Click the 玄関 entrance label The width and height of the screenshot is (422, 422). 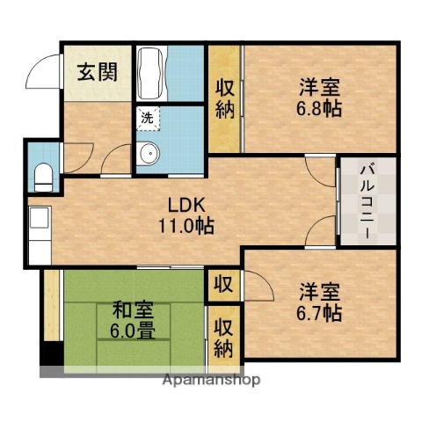91,73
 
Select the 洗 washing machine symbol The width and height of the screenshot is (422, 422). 142,115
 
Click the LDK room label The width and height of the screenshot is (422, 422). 186,206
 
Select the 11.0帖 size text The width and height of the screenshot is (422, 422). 186,224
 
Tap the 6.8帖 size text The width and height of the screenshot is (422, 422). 319,109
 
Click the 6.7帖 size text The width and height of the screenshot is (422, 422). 319,310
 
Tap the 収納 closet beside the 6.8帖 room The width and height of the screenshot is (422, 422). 224,99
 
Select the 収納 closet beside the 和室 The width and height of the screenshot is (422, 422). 222,337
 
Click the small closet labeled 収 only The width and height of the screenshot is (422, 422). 222,284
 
